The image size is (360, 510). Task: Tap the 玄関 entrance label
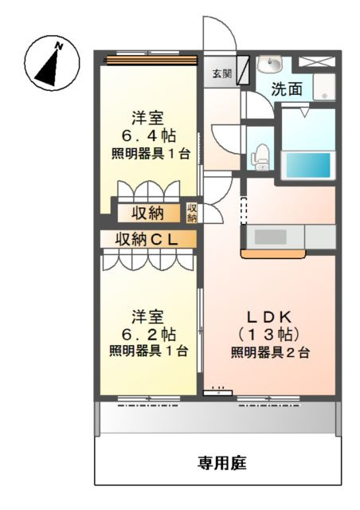[222, 74]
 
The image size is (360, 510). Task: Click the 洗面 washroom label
[287, 89]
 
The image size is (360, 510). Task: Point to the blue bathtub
[307, 164]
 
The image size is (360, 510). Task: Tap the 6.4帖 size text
[149, 135]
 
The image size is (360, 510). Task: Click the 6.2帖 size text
[149, 333]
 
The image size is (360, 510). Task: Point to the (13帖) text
[269, 333]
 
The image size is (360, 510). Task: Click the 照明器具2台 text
[270, 352]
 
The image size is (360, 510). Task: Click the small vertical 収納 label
[192, 213]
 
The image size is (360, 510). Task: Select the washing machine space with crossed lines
[315, 61]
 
